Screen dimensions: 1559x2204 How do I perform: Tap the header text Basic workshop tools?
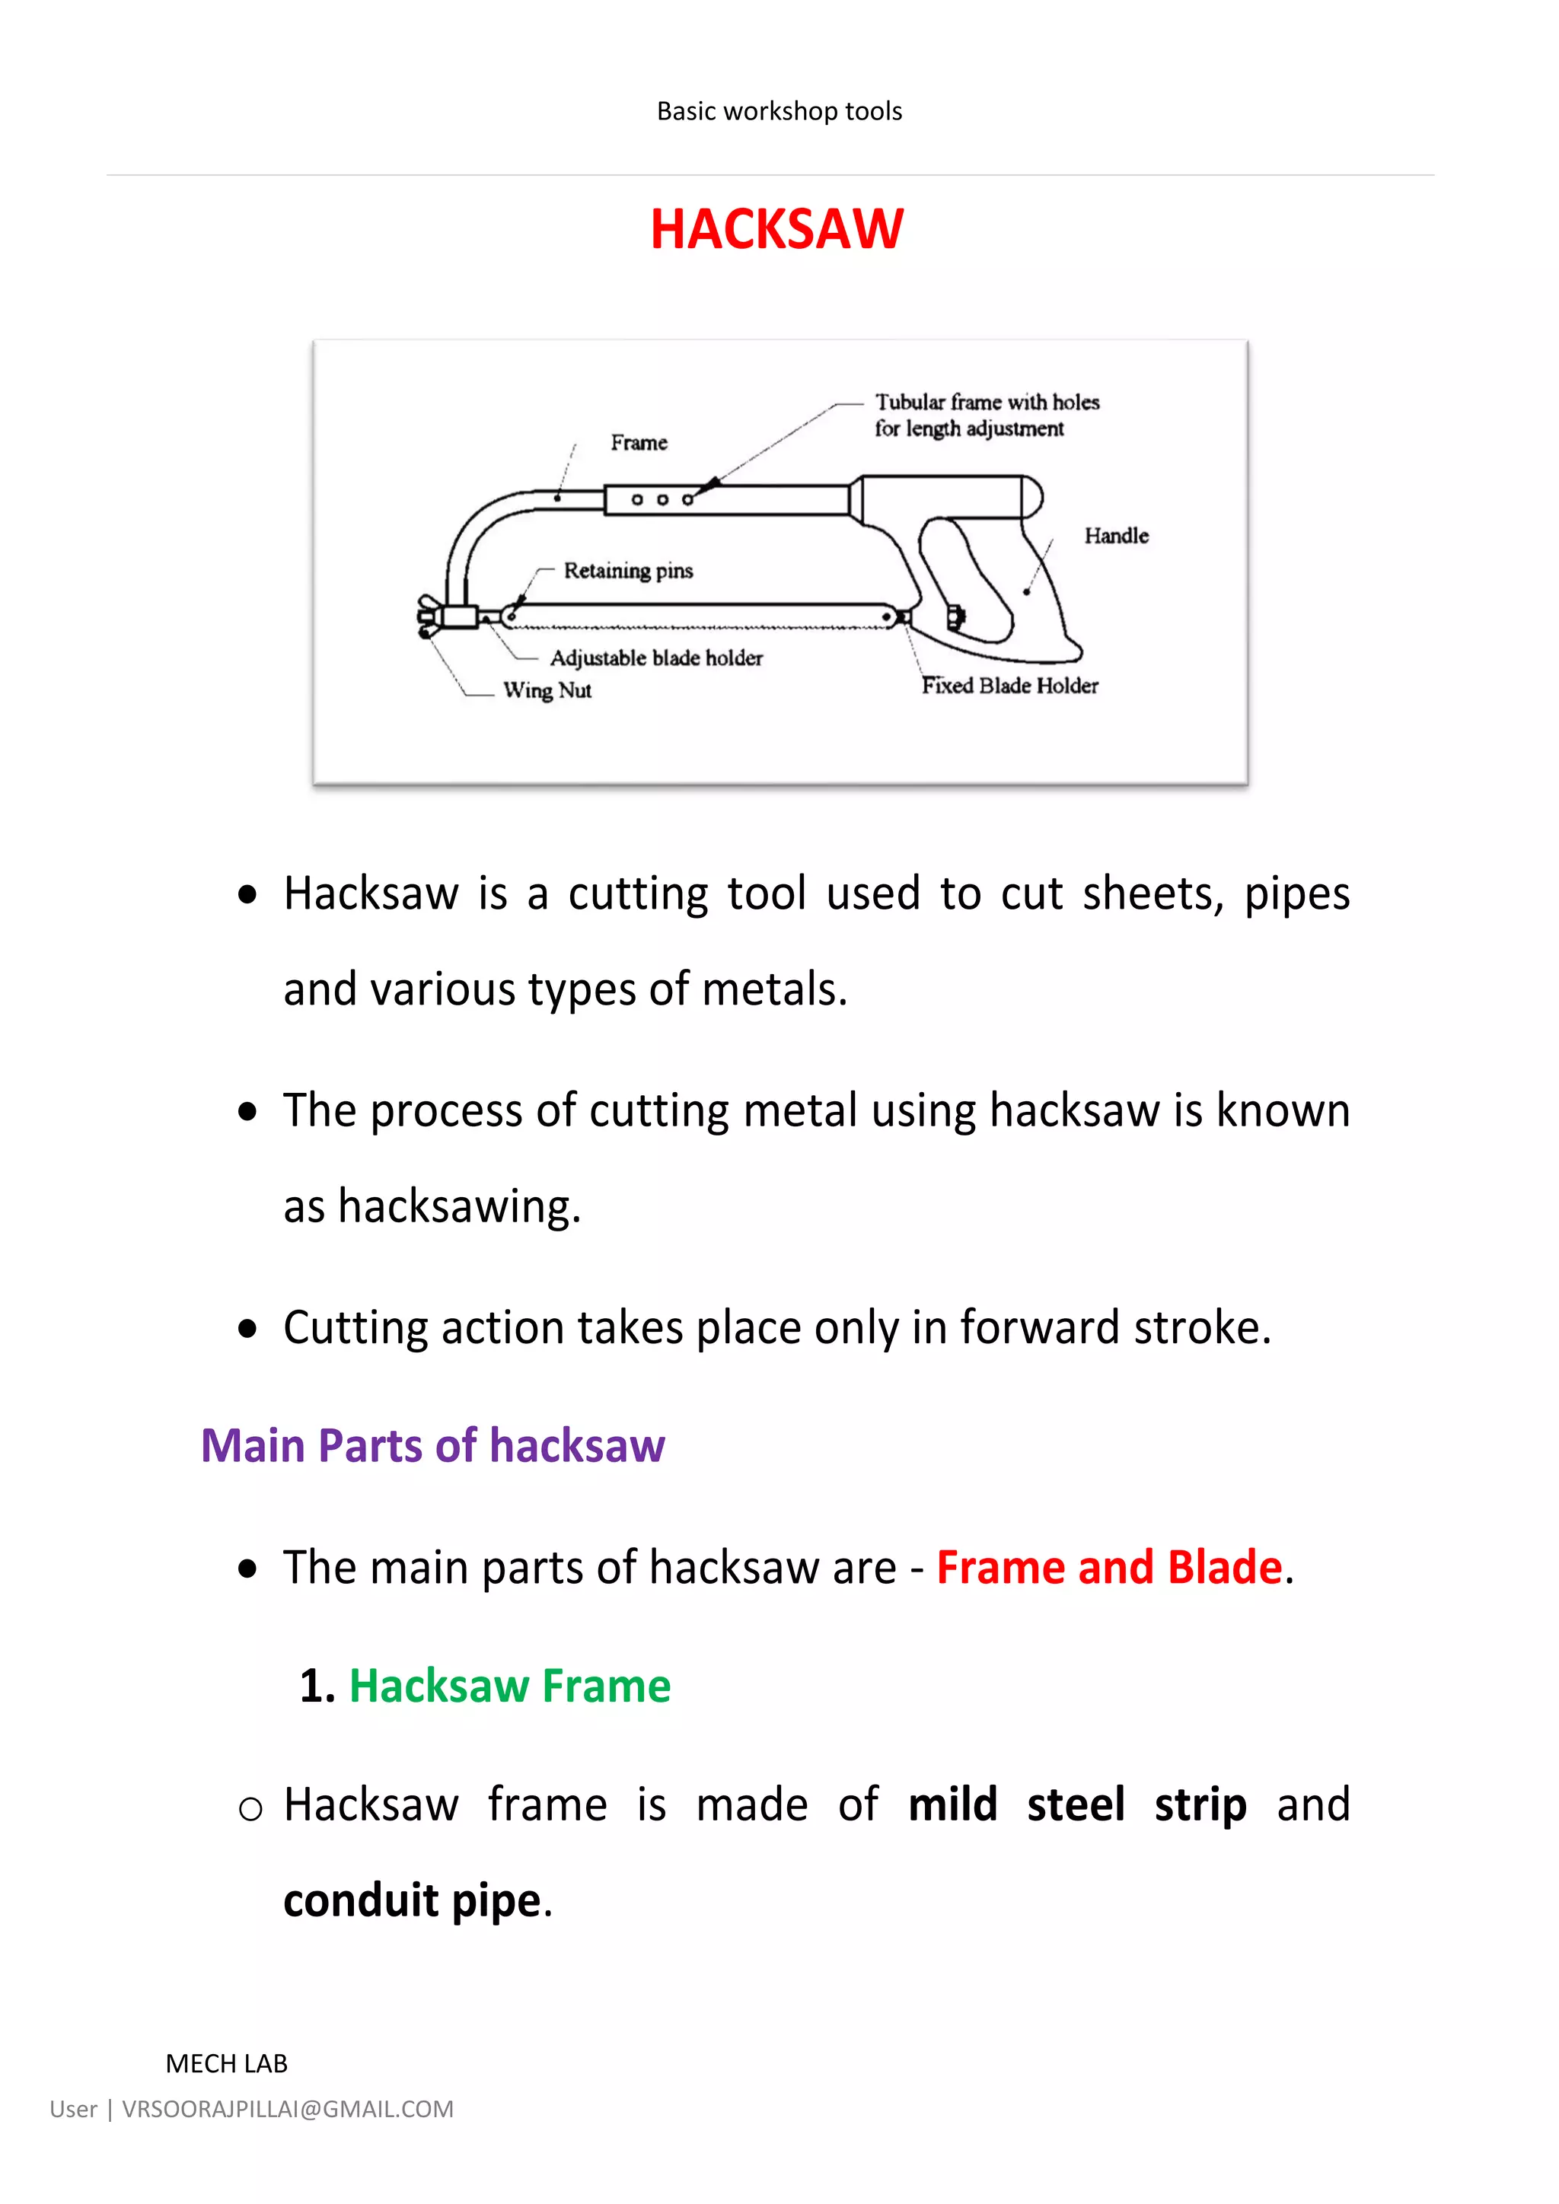[x=779, y=111]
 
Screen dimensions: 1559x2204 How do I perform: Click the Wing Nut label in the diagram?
[x=547, y=690]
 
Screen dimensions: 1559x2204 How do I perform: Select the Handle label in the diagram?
[x=1115, y=536]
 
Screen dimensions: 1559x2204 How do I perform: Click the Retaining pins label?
[x=628, y=570]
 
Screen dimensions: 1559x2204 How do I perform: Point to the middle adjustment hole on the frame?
[x=662, y=500]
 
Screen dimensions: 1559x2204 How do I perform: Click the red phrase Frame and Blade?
[x=1109, y=1568]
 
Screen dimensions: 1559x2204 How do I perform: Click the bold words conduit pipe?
[x=412, y=1900]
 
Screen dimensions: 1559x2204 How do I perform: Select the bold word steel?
[x=1075, y=1804]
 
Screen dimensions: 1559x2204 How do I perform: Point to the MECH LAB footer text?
[x=227, y=2064]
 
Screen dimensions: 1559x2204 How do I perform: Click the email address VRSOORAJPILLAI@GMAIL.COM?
[x=287, y=2109]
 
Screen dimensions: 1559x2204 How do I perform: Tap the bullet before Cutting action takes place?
[x=247, y=1329]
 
